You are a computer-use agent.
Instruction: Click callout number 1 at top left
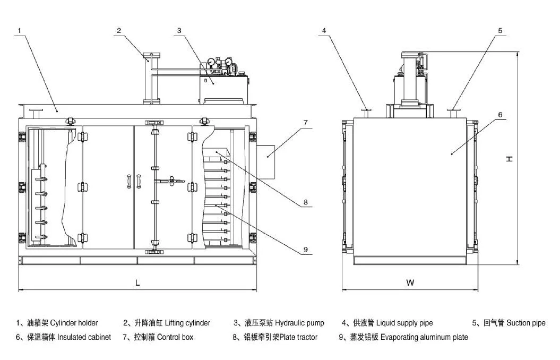(x=19, y=31)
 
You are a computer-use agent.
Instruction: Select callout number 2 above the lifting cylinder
(x=119, y=31)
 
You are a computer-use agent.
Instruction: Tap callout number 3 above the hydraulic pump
(x=179, y=31)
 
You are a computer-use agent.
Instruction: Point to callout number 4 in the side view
(x=324, y=31)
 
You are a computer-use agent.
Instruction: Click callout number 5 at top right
(x=499, y=31)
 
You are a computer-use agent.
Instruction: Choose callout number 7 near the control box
(x=305, y=123)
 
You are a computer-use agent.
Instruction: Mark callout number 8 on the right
(x=306, y=202)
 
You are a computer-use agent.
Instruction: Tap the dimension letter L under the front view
(x=137, y=283)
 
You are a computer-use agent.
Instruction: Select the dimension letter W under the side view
(x=410, y=283)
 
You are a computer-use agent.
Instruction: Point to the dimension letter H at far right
(x=509, y=159)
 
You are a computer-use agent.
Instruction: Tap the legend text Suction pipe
(x=525, y=323)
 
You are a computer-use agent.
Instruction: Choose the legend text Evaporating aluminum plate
(x=424, y=337)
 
